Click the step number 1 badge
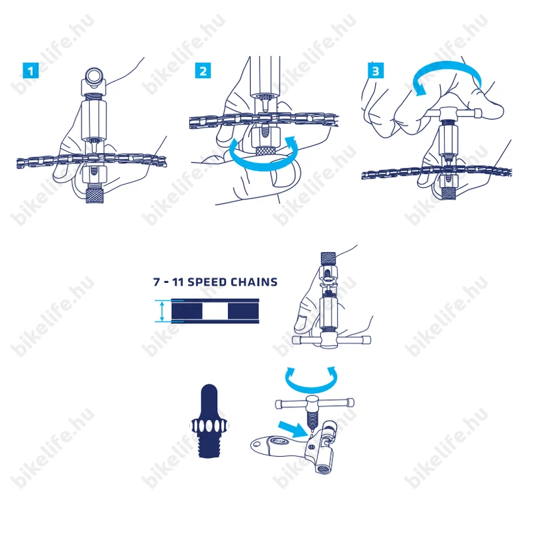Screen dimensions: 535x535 pos(31,71)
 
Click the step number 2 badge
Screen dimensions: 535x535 pos(203,71)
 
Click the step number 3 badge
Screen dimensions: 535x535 pos(376,71)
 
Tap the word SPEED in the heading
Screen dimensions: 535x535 pos(207,282)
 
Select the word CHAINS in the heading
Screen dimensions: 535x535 pos(254,282)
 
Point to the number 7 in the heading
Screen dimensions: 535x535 pos(156,282)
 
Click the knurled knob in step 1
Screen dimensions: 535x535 pos(95,195)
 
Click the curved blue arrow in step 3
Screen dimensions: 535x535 pos(447,71)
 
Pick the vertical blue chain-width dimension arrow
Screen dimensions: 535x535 pos(162,311)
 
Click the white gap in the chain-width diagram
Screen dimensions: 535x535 pos(215,311)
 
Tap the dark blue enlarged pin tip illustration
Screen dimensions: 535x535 pos(209,421)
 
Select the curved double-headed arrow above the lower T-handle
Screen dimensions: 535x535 pos(311,387)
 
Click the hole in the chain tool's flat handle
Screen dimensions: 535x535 pos(257,444)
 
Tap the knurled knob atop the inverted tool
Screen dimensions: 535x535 pos(328,258)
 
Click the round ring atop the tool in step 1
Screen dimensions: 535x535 pos(94,76)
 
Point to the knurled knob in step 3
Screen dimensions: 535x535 pos(448,193)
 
